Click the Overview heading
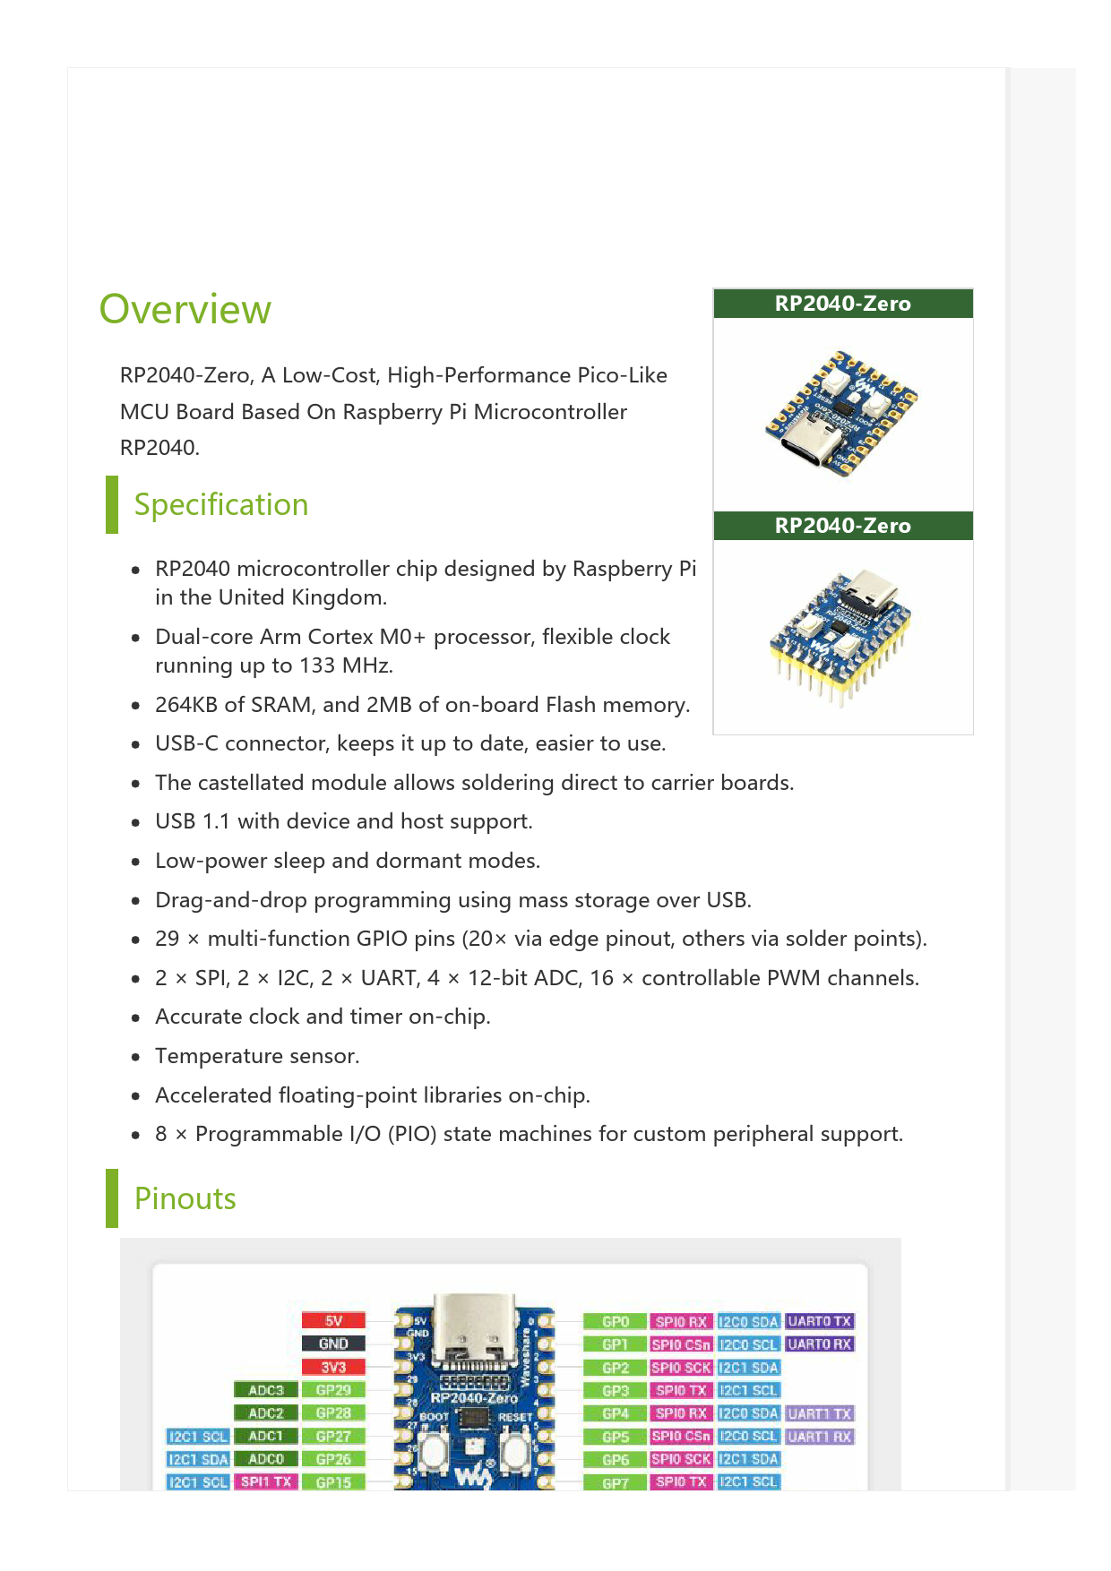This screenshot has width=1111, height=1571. click(185, 310)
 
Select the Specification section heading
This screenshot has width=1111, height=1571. click(220, 505)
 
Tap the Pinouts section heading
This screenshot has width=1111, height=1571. click(185, 1199)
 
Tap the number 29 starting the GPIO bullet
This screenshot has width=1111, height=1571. click(167, 940)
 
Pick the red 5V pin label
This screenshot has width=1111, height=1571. click(333, 1321)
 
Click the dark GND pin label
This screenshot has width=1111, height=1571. click(333, 1344)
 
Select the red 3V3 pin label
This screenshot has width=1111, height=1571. click(333, 1367)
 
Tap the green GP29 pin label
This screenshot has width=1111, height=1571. click(333, 1390)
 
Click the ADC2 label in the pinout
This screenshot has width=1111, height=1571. click(265, 1413)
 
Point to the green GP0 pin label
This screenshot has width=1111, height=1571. click(616, 1322)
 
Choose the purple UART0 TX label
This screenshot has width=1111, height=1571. click(819, 1321)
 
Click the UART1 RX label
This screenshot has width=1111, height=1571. click(819, 1437)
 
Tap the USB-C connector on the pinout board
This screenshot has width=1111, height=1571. click(474, 1318)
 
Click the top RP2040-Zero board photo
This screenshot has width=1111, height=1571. click(842, 414)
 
